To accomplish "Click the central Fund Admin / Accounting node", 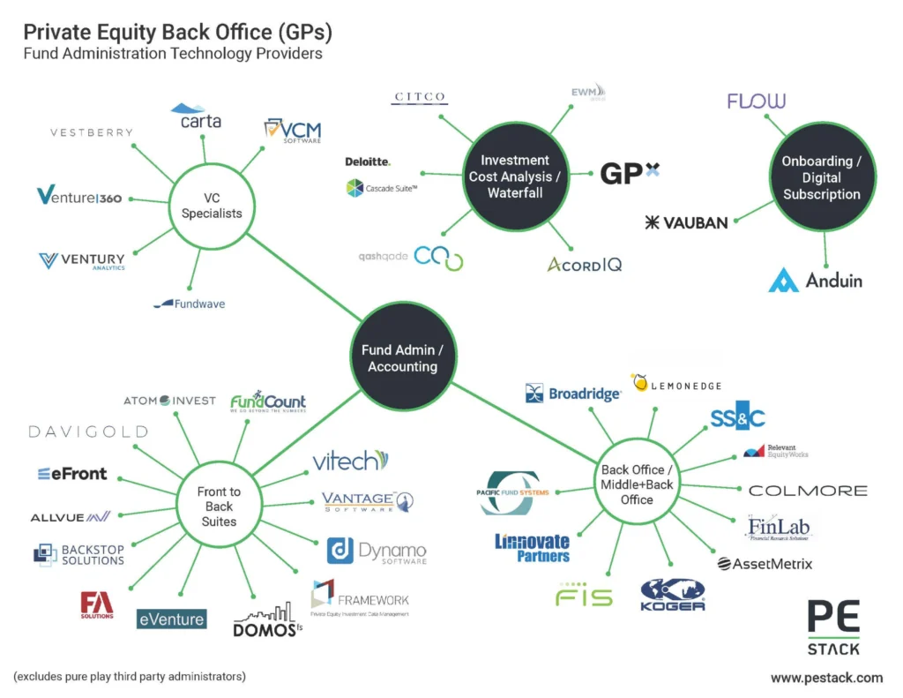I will [x=402, y=357].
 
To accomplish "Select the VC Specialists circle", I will [x=211, y=205].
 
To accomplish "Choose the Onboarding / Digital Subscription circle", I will [x=821, y=177].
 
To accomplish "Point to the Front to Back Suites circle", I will [x=219, y=507].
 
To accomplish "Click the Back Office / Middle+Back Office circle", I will [x=637, y=484].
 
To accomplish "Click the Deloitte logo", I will [x=368, y=161].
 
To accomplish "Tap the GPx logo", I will [x=629, y=173].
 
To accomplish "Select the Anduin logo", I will [x=815, y=281].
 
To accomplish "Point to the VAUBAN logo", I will [x=686, y=222].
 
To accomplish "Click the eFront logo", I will [x=72, y=474].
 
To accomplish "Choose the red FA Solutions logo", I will [x=97, y=605].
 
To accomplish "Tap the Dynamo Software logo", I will [x=377, y=551].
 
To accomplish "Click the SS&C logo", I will [x=737, y=418].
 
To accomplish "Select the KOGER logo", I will [x=673, y=595].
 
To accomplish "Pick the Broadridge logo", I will [x=573, y=394].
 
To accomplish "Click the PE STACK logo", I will [x=833, y=627].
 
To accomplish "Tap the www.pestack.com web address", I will [x=826, y=678].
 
